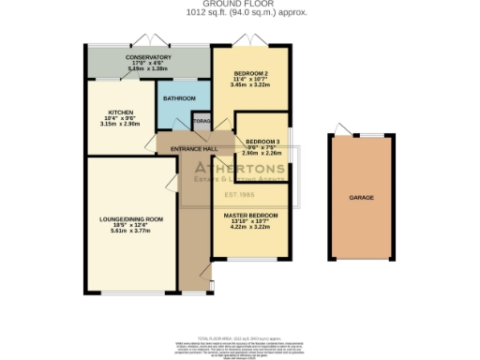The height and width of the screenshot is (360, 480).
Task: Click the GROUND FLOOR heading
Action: click(x=239, y=5)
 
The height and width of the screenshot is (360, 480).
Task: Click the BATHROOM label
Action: click(x=179, y=98)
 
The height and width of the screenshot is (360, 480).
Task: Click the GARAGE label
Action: click(x=361, y=198)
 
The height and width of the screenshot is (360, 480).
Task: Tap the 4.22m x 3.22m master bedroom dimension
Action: click(x=249, y=227)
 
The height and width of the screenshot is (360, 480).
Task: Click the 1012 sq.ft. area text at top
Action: click(x=239, y=14)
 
